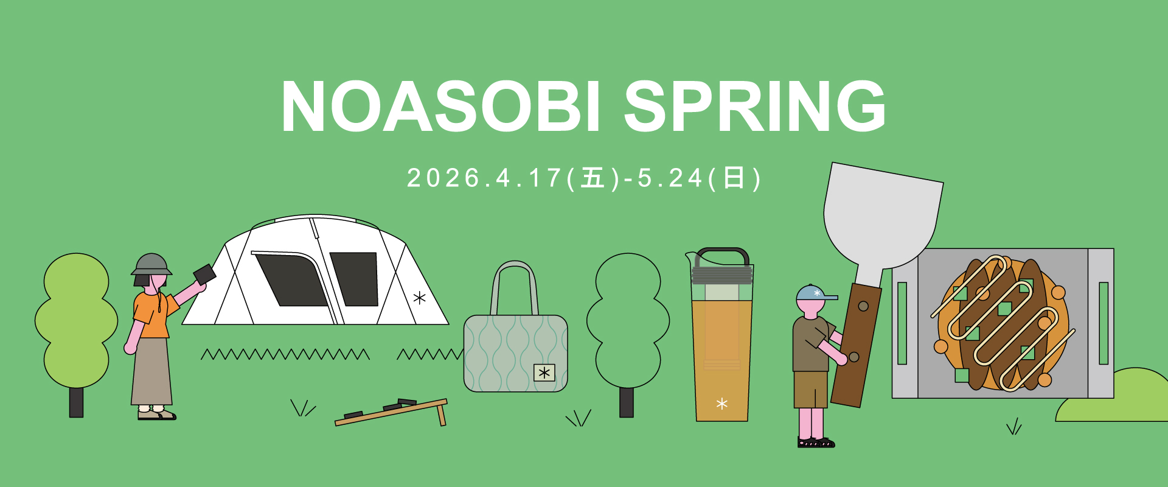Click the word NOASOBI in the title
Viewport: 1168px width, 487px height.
441,106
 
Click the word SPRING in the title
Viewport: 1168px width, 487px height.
755,106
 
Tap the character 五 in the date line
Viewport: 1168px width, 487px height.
593,178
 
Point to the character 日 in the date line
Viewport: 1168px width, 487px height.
734,178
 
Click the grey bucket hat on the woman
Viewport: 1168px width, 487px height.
151,264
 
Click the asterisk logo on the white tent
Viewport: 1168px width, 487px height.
419,298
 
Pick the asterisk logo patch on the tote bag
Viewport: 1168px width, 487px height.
544,373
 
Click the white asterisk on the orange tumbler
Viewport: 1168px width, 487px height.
722,404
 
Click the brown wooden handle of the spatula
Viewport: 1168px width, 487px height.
857,345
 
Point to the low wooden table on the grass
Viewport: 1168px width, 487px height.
392,412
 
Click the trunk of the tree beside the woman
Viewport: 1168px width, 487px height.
76,402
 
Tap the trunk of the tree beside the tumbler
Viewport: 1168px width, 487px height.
627,402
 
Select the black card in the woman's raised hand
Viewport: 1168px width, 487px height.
204,274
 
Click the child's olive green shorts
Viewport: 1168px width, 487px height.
810,390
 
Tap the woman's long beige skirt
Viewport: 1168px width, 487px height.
151,371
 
